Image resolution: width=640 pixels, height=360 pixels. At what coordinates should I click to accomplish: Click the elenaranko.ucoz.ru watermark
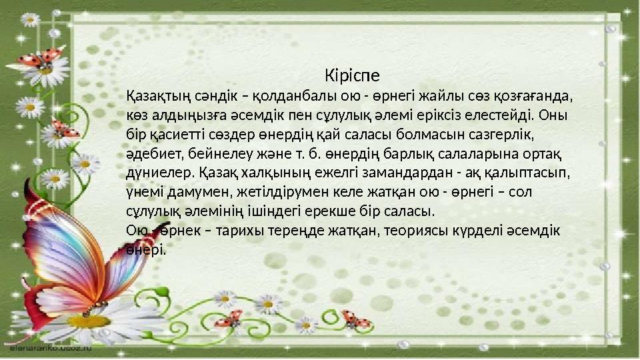point(50,348)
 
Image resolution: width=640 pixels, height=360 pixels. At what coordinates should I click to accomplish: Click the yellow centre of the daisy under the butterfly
point(89,321)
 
